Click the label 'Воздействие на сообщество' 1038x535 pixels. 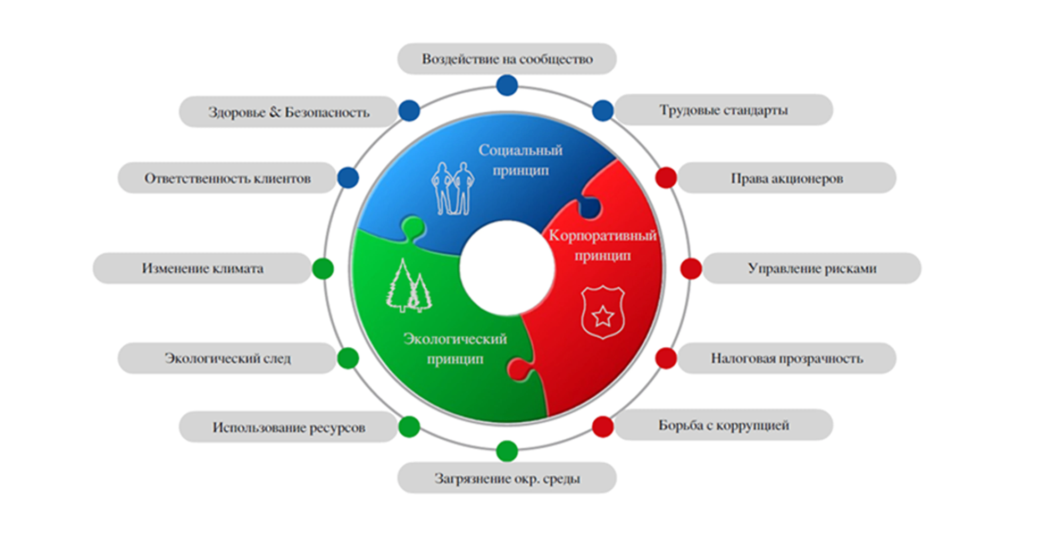click(507, 59)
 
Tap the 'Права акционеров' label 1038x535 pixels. click(787, 178)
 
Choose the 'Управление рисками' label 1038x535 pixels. click(812, 268)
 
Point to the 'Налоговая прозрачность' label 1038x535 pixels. click(787, 358)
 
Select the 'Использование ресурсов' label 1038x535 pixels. click(288, 427)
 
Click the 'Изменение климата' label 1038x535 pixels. click(202, 268)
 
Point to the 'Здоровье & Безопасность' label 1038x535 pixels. click(288, 112)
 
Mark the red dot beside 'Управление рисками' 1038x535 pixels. click(691, 268)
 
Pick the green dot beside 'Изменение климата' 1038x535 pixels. click(323, 268)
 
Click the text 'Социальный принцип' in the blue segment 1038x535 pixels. click(520, 160)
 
